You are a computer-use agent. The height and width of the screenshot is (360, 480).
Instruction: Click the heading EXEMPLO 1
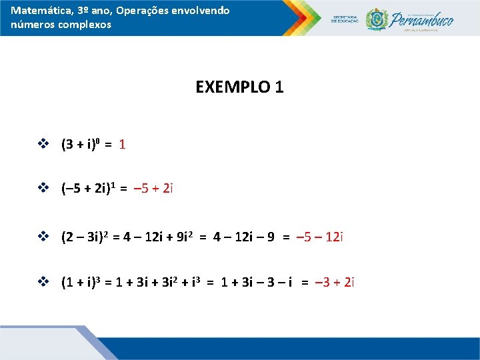tap(239, 87)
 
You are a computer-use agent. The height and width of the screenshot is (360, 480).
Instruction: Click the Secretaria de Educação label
tap(345, 19)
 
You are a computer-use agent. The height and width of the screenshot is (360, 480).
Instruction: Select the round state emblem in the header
tap(377, 19)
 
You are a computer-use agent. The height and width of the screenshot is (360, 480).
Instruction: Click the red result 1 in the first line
tap(123, 144)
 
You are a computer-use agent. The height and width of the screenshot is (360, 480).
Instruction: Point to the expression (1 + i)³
tap(79, 283)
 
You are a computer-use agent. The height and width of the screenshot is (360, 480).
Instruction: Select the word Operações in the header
tap(137, 11)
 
